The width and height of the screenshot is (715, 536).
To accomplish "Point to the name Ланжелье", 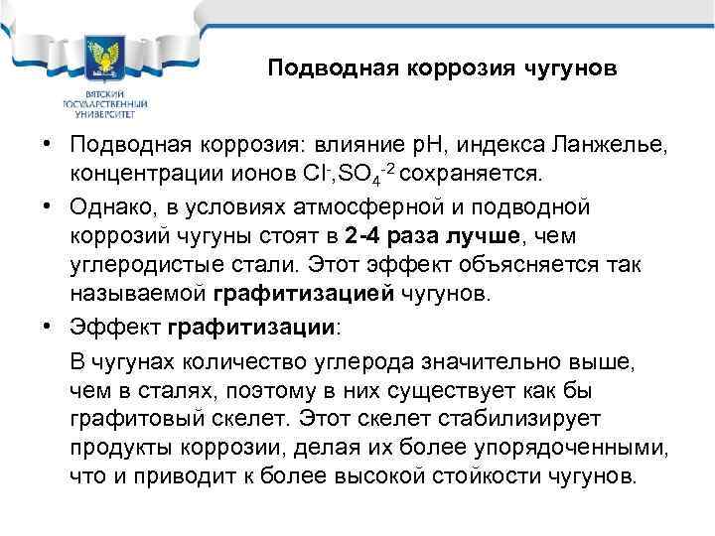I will [x=612, y=147].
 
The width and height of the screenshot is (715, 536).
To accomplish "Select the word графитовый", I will [x=138, y=418].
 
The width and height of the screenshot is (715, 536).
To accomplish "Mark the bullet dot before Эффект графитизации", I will [x=47, y=326].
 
